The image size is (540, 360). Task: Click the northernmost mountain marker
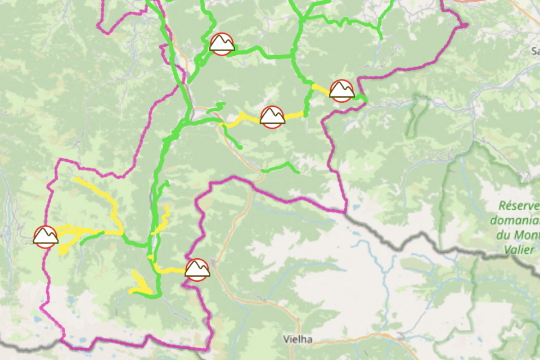pos(222,44)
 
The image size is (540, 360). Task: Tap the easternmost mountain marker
pos(341,91)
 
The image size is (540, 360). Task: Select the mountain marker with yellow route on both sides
pos(272,117)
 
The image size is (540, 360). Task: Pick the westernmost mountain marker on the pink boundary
pos(46,237)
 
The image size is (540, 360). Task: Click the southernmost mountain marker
pos(197,270)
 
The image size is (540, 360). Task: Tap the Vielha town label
pos(298,340)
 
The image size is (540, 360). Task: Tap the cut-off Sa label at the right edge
pos(534,51)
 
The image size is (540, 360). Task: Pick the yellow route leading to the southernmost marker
pos(169,270)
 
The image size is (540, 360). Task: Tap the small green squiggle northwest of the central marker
pos(216,106)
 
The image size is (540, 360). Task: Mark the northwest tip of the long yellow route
pos(76,179)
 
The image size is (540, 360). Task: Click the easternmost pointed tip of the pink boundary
pos(466,25)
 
